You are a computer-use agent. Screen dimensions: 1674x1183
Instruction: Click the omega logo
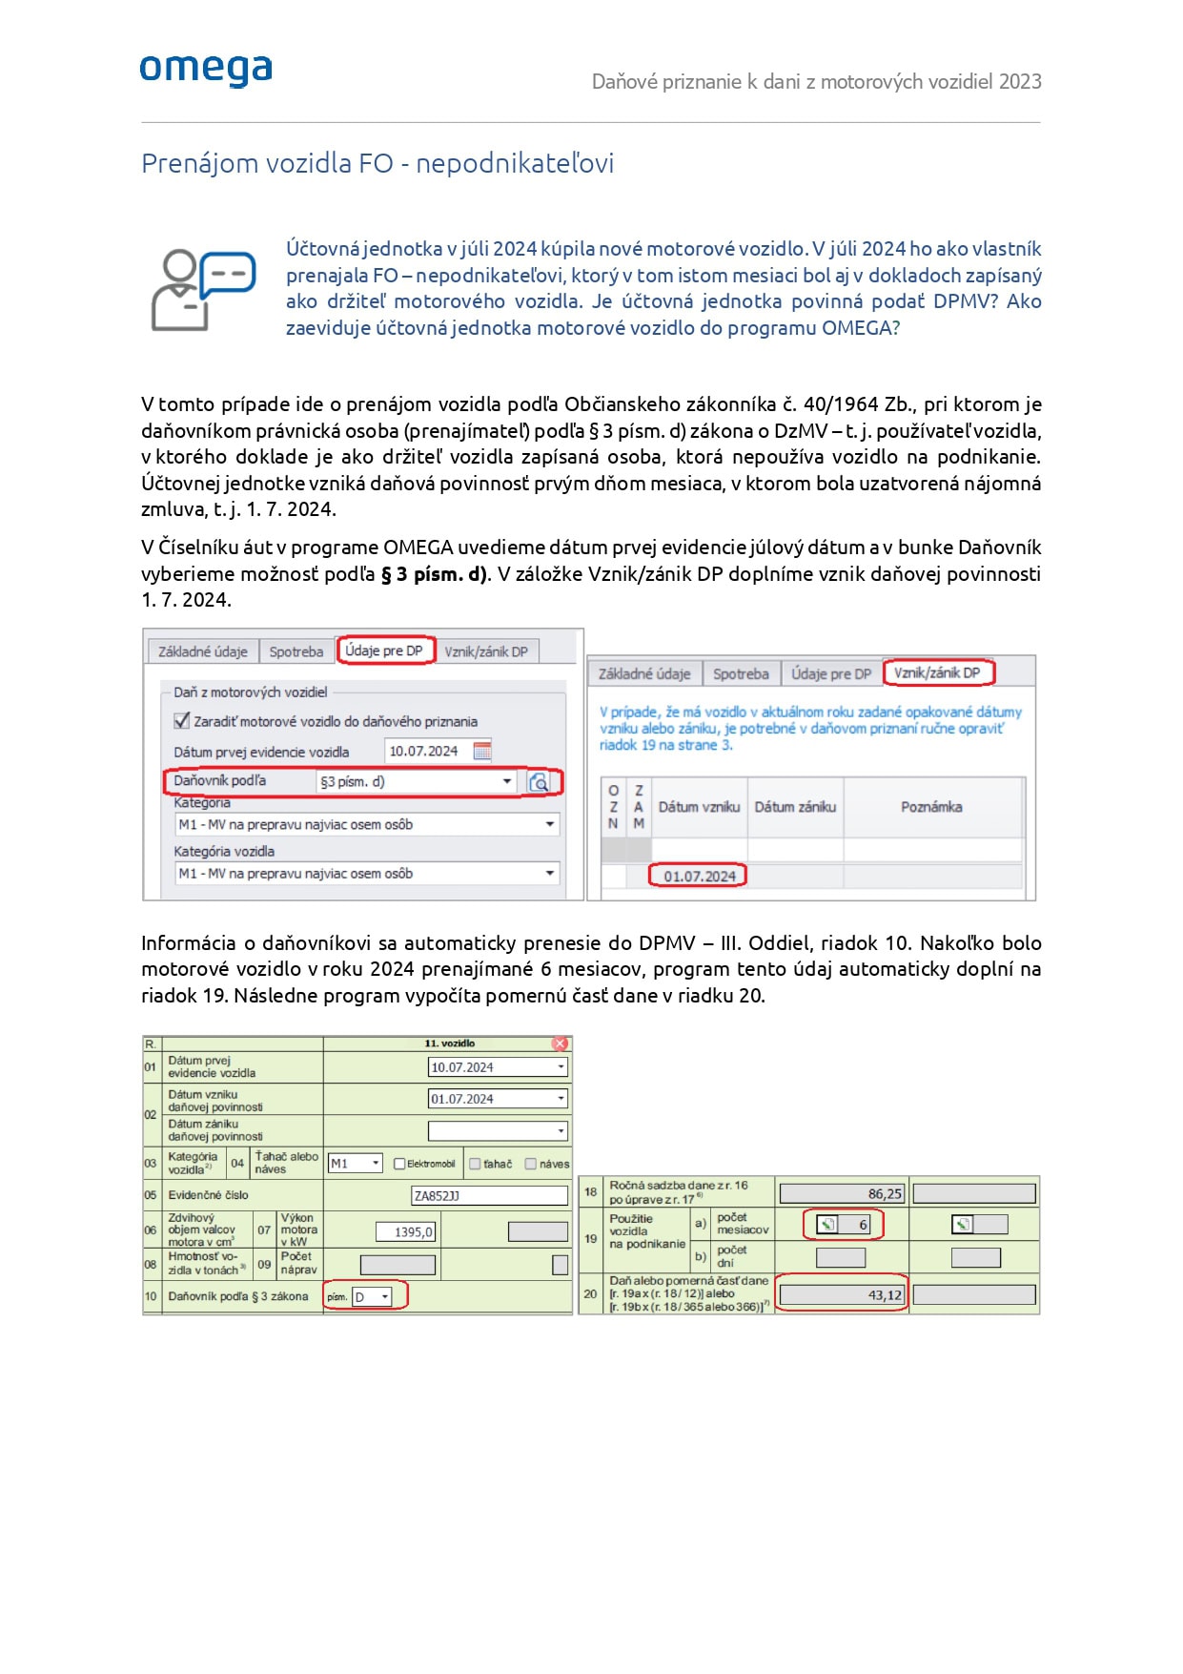click(206, 70)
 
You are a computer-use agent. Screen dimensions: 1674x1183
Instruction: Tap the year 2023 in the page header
click(1020, 82)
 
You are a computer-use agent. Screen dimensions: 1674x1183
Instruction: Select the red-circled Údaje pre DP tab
click(384, 651)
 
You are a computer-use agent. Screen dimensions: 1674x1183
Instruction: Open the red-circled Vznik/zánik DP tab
click(937, 672)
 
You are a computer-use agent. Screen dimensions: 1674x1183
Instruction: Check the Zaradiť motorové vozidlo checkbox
click(182, 721)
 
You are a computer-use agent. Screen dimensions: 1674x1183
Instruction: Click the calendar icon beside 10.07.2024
click(482, 751)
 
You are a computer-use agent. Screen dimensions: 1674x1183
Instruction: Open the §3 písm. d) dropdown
click(507, 782)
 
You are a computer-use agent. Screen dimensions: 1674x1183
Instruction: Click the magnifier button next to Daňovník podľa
click(539, 782)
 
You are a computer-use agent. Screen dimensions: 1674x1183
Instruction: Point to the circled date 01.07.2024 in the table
click(699, 876)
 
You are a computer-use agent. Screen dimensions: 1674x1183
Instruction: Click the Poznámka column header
click(931, 807)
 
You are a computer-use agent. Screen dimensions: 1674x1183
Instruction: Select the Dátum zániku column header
click(795, 807)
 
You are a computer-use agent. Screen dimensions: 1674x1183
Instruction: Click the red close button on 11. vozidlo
click(561, 1044)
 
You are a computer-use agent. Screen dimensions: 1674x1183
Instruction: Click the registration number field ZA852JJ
click(489, 1195)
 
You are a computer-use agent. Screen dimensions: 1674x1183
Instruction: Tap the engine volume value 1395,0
click(406, 1232)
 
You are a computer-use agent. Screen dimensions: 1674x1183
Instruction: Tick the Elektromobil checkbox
click(400, 1164)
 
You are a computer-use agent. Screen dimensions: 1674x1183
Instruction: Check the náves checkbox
click(531, 1164)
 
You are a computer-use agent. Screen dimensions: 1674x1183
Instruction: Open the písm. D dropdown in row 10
click(385, 1296)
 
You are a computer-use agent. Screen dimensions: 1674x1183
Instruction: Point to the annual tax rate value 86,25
click(841, 1193)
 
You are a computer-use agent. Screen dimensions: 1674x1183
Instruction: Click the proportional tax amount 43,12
click(841, 1295)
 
